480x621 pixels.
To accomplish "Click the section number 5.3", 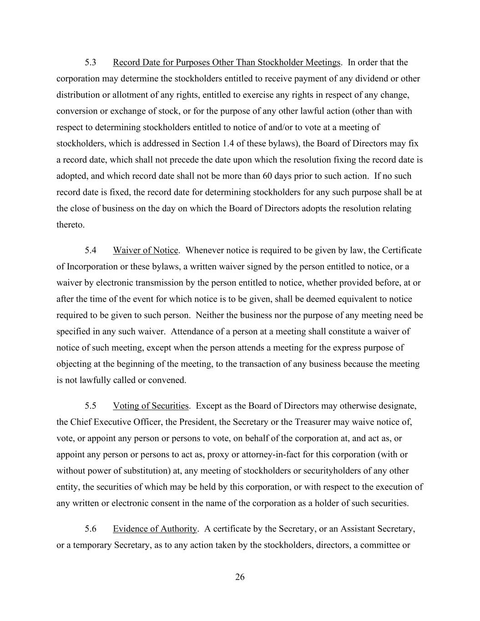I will (x=90, y=62).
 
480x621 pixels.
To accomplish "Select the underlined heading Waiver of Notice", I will (x=145, y=250).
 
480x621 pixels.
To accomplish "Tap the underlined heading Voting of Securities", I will (x=150, y=406).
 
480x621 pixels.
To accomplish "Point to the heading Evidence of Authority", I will (x=155, y=529).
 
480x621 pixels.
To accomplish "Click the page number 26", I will (x=240, y=577).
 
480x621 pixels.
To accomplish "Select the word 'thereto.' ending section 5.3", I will (x=71, y=225).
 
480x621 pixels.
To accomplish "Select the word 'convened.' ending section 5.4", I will (x=169, y=380).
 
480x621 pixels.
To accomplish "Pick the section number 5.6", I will (x=90, y=529).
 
